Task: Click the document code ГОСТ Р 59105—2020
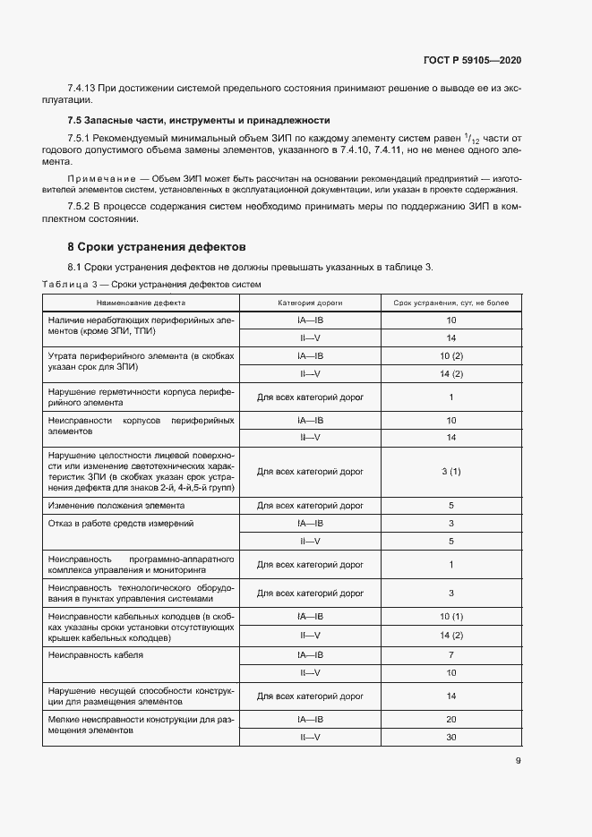pyautogui.click(x=472, y=60)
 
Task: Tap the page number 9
pyautogui.click(x=518, y=762)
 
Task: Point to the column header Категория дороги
pyautogui.click(x=310, y=303)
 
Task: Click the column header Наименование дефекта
pyautogui.click(x=142, y=303)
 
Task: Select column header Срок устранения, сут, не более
pyautogui.click(x=450, y=303)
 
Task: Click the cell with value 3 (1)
pyautogui.click(x=450, y=471)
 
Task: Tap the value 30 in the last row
pyautogui.click(x=450, y=737)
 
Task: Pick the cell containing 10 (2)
pyautogui.click(x=450, y=355)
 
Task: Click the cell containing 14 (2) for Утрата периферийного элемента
pyautogui.click(x=450, y=373)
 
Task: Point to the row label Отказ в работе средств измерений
pyautogui.click(x=121, y=523)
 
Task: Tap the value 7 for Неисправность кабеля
pyautogui.click(x=450, y=655)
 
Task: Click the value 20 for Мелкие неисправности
pyautogui.click(x=450, y=720)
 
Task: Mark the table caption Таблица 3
pyautogui.click(x=74, y=284)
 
